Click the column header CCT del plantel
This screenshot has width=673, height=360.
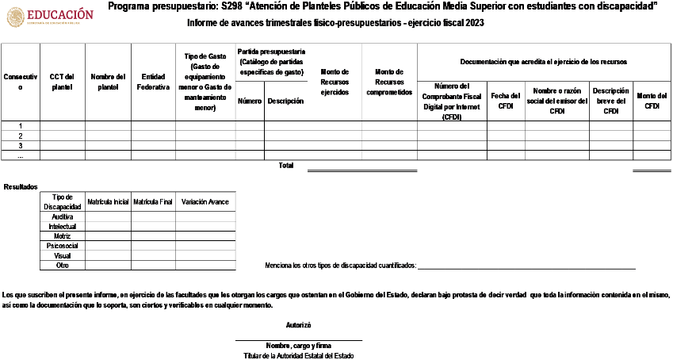coord(62,82)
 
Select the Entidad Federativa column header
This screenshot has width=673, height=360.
coord(153,82)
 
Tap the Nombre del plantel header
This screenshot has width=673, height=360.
coord(108,82)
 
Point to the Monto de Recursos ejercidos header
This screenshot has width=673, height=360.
coord(335,82)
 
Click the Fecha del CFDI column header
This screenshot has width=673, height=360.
coord(506,101)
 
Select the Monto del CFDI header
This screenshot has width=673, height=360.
coord(652,101)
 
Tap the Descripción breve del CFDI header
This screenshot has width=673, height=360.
coord(610,101)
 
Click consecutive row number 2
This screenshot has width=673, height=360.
coord(20,136)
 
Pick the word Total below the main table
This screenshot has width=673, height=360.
coord(285,166)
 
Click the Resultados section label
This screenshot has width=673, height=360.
coord(21,187)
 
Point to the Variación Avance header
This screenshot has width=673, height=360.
coord(205,202)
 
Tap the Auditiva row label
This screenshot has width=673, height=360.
coord(62,216)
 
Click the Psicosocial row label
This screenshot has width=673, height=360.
coord(62,246)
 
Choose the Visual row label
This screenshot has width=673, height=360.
coord(62,256)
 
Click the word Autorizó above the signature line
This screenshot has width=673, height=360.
coord(298,325)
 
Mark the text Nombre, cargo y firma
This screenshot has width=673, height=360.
coord(299,347)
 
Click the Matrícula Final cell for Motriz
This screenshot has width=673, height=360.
coord(153,236)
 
